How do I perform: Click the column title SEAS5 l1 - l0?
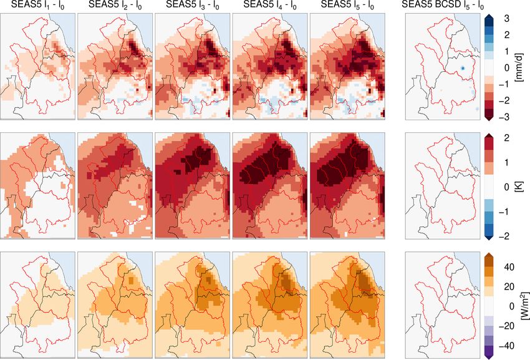point(37,6)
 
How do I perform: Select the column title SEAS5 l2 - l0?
point(115,6)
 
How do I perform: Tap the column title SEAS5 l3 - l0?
point(193,6)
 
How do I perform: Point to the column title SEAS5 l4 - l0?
point(270,6)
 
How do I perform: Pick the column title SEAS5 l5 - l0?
point(348,6)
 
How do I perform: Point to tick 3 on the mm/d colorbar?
point(507,17)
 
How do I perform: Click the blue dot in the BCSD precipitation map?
point(463,67)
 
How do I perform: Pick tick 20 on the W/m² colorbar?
point(509,286)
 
